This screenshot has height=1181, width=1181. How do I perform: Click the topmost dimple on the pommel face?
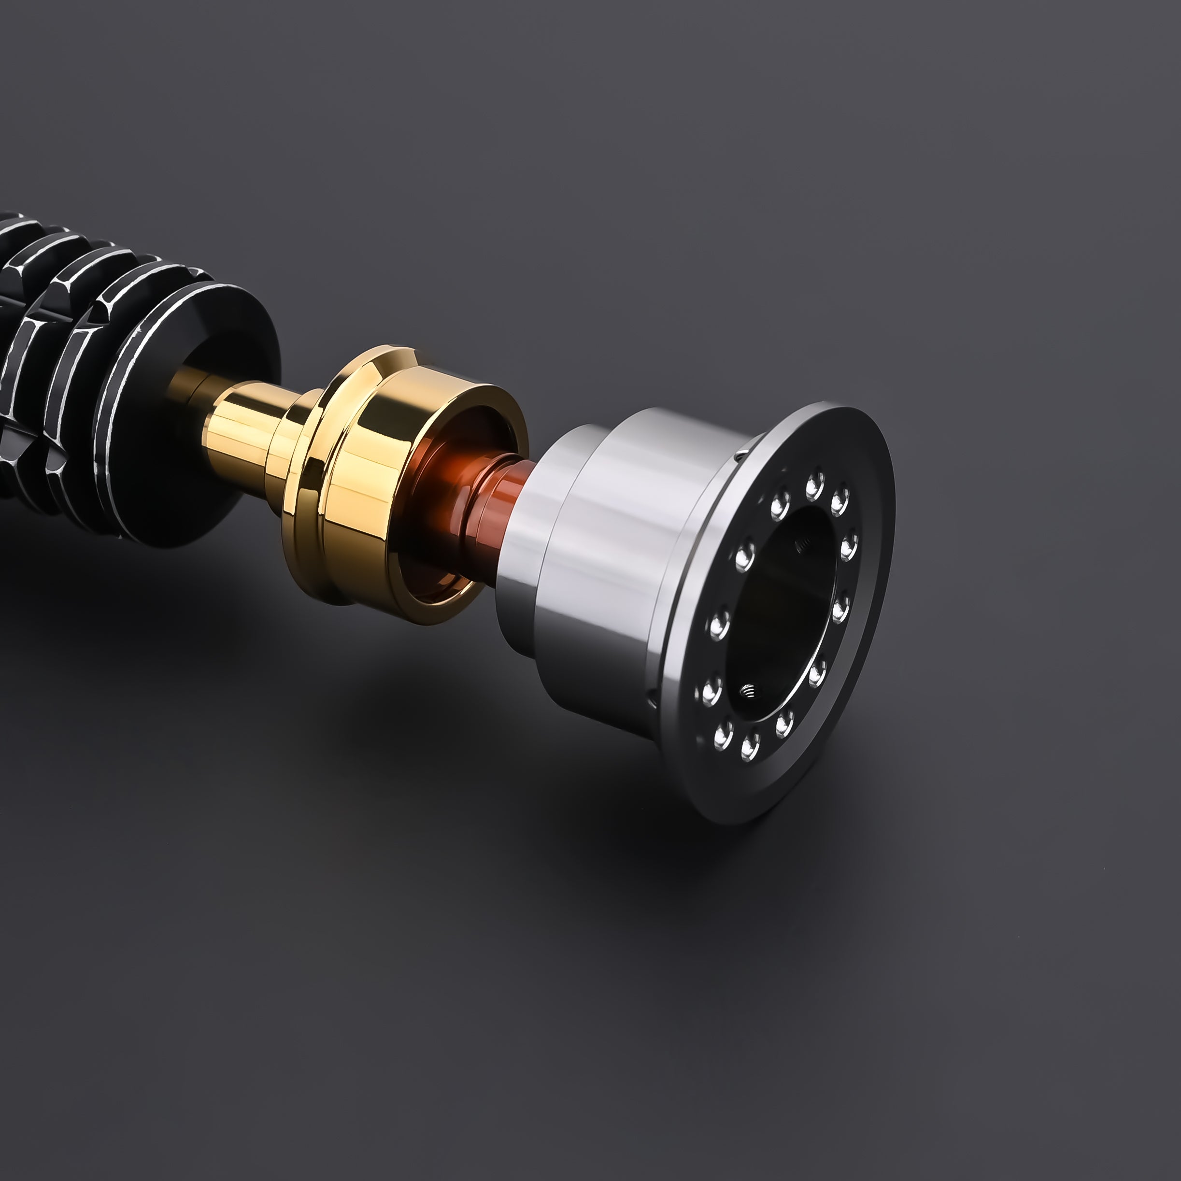coord(813,486)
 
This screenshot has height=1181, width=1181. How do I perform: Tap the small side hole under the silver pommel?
coord(652,696)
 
